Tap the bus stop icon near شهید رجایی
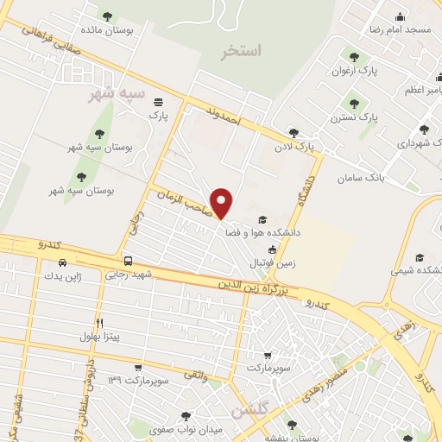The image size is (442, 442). [128, 261]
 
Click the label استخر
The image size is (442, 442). [240, 51]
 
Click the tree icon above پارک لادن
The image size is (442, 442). [294, 133]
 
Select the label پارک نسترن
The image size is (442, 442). [356, 116]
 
